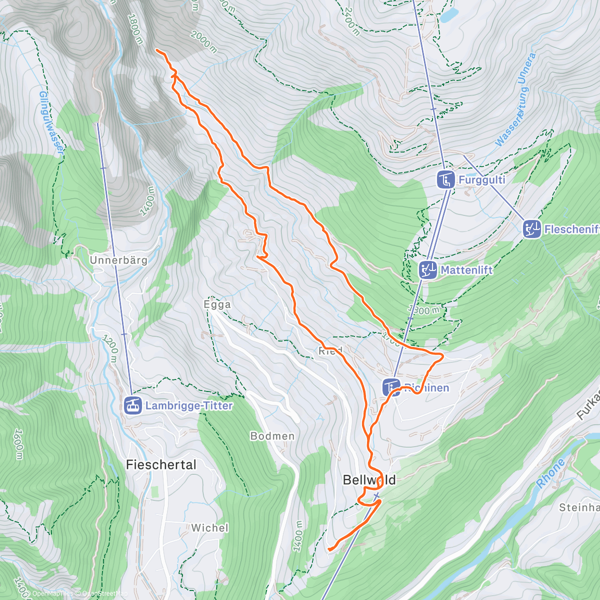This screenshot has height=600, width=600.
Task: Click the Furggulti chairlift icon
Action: pos(445,179)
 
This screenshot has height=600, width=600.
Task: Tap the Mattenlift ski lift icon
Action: pos(428,270)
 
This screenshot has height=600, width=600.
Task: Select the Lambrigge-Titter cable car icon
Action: pos(133,405)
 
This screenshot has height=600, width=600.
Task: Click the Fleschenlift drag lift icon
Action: pos(532,229)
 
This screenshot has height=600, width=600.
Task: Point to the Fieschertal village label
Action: pos(161,464)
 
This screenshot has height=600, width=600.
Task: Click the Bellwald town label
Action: pos(369,480)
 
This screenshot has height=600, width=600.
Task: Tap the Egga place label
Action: pos(217,304)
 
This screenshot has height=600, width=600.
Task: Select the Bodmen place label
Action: pos(272,436)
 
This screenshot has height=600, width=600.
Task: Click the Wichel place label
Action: pos(209,527)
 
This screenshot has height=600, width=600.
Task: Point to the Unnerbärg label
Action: pos(118,260)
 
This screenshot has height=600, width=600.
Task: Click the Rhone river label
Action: pos(550,473)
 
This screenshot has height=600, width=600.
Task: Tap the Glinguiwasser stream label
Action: pos(51,122)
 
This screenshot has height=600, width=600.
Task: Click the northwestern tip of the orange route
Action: pos(157,50)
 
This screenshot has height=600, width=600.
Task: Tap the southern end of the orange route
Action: pos(329,550)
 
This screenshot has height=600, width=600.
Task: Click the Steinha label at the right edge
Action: pos(579,507)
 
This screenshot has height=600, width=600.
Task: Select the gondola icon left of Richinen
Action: pos(391,387)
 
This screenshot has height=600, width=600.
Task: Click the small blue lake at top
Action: pos(448,15)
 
